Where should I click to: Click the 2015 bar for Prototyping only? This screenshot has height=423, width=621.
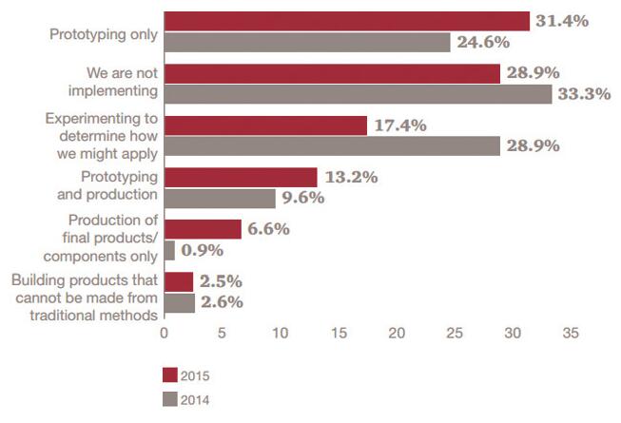pos(346,21)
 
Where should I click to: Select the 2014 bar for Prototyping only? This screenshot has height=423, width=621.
pos(307,43)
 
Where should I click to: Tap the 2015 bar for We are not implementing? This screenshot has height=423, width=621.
pos(332,73)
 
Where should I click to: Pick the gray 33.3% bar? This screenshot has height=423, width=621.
pos(358,94)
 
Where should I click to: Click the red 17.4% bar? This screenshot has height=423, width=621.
pos(265,125)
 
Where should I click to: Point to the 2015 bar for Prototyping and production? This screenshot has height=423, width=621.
pos(241,177)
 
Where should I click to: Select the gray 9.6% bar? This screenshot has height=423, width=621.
pos(220,198)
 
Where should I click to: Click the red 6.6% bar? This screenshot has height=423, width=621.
pos(203,229)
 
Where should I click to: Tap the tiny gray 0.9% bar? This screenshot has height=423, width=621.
pos(169,250)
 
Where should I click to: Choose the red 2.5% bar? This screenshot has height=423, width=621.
pos(179,281)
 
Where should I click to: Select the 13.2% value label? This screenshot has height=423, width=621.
pos(353,177)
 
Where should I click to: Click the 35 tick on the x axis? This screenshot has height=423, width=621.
pos(571,335)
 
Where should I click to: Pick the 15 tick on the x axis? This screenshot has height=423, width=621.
pos(339,335)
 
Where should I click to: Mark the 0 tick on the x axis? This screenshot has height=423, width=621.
pos(165,335)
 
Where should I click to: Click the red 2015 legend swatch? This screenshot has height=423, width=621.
pos(170,374)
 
